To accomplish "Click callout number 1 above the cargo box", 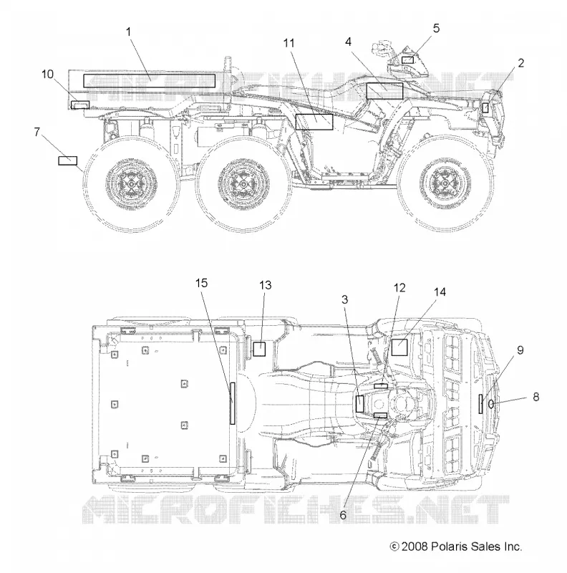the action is click(128, 32).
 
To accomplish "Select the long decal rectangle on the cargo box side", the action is click(150, 81).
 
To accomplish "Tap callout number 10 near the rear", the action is click(47, 74).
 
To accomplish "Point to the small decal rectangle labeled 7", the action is click(67, 160).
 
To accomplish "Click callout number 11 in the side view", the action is click(289, 43).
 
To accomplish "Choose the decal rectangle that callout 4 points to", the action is click(384, 91).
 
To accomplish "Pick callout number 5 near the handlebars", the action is click(436, 29).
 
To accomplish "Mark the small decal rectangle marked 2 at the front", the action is click(485, 108).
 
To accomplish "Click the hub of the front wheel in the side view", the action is click(445, 182).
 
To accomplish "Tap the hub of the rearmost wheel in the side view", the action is click(131, 183).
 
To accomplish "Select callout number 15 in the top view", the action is click(201, 283).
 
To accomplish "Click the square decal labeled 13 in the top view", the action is click(259, 349).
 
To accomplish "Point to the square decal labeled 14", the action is click(399, 347).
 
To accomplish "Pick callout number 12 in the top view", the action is click(399, 288).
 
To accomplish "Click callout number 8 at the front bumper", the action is click(536, 397).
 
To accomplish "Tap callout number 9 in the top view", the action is click(520, 350).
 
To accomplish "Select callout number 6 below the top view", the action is click(343, 515).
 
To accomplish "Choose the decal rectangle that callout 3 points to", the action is click(360, 404).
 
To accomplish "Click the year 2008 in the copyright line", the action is click(415, 546).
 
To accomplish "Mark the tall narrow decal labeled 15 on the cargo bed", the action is click(233, 403).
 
